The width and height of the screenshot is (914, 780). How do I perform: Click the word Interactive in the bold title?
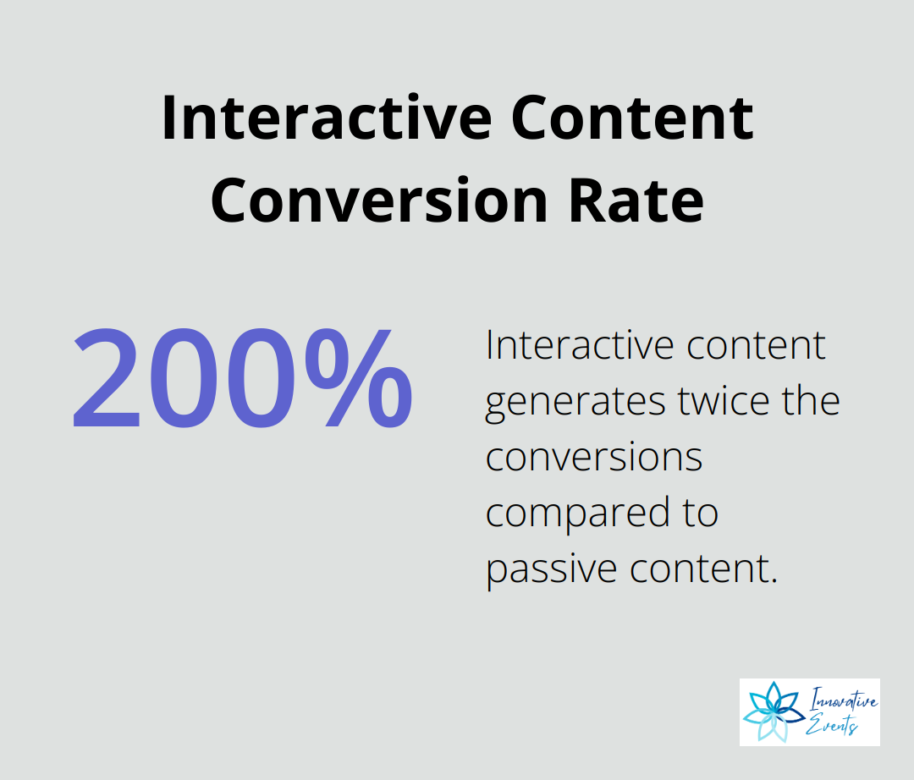(327, 118)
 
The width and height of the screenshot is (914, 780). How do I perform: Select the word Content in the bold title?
(632, 118)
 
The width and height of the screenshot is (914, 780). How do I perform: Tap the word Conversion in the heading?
(379, 201)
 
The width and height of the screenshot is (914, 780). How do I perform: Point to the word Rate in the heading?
(636, 201)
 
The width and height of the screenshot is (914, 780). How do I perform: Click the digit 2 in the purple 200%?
(107, 378)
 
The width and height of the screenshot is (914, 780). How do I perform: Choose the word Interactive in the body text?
(581, 345)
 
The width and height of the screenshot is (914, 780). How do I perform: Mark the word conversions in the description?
(594, 458)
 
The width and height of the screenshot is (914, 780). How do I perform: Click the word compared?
(578, 514)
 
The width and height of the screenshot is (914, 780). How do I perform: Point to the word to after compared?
(700, 514)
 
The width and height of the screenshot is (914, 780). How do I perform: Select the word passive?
(552, 570)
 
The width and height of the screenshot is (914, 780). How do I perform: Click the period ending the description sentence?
(774, 580)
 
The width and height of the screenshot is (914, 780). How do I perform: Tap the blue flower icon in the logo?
(774, 711)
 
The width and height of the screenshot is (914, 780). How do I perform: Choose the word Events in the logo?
(832, 725)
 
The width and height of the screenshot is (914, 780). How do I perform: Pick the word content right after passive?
(700, 569)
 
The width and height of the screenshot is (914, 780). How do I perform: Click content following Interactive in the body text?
(756, 345)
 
